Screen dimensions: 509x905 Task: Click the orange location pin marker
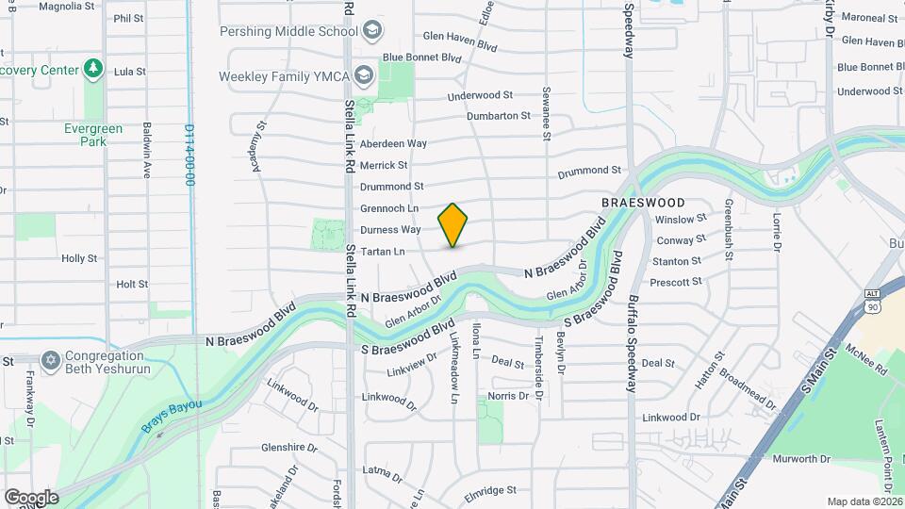(x=452, y=224)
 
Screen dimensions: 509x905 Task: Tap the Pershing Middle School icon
(x=372, y=31)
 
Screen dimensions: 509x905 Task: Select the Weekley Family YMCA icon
(x=365, y=75)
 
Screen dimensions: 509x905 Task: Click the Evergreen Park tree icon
(x=92, y=69)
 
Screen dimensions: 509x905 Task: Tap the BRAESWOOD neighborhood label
(x=643, y=203)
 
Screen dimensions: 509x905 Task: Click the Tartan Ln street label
(x=382, y=252)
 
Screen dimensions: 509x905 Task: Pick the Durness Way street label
(x=390, y=230)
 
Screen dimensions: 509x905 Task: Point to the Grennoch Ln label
(x=388, y=208)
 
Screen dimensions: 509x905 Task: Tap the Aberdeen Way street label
(x=393, y=143)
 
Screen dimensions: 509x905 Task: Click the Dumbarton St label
(x=499, y=116)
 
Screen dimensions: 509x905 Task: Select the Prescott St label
(x=676, y=282)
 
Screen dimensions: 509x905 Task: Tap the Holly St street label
(x=79, y=258)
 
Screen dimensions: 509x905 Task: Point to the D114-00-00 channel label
(x=189, y=155)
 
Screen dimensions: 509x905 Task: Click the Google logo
(x=31, y=497)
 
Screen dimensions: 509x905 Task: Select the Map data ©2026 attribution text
(x=864, y=501)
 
